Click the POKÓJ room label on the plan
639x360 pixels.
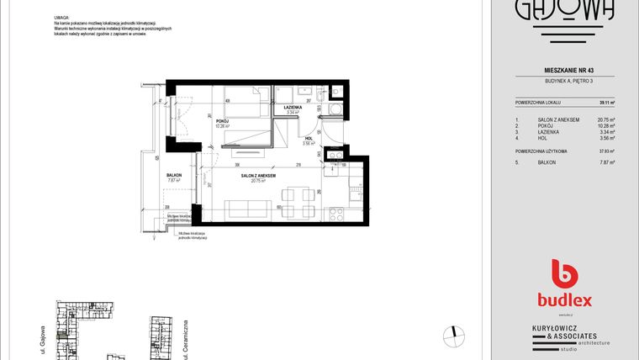[x=222, y=121]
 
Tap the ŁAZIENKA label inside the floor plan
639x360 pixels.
[x=293, y=109]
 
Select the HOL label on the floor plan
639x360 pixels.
[x=309, y=139]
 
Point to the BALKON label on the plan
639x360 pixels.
[x=175, y=174]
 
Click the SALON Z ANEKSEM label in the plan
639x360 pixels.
[x=253, y=176]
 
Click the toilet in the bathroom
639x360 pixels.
[x=336, y=109]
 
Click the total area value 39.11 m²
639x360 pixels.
[x=606, y=103]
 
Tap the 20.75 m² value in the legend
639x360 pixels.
[x=605, y=120]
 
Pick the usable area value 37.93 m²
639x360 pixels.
[x=605, y=151]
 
